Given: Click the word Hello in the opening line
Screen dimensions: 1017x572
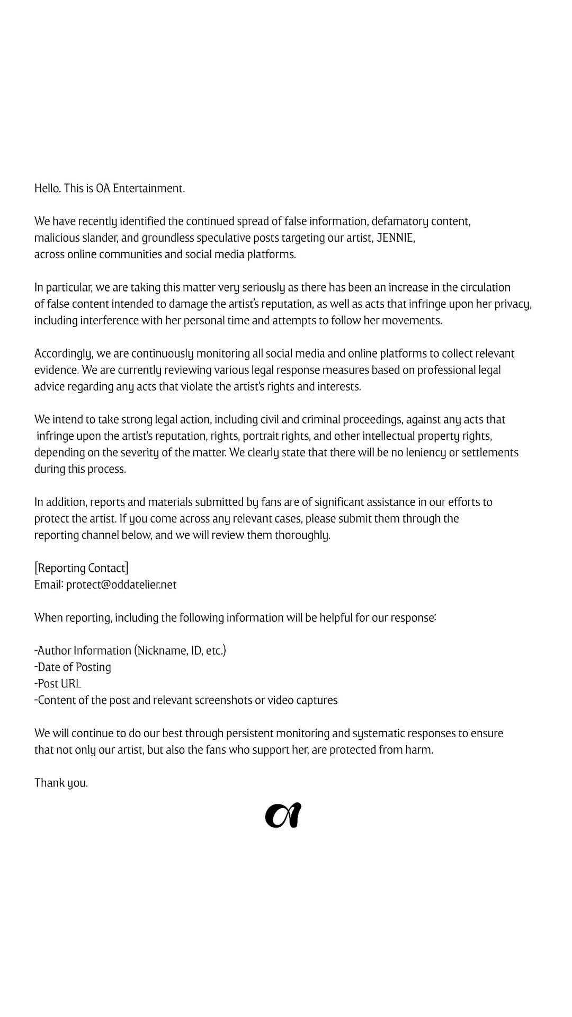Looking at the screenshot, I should (x=47, y=188).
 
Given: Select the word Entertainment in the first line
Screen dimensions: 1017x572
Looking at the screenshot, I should (x=149, y=188).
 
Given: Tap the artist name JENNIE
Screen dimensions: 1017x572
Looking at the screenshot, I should (x=395, y=237).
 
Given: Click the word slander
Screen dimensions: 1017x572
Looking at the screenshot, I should (x=100, y=237).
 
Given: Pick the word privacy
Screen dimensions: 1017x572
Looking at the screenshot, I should (x=511, y=304).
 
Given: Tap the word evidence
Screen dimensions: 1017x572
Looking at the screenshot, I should (x=56, y=370).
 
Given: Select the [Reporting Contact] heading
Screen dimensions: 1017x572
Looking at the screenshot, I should (x=81, y=568).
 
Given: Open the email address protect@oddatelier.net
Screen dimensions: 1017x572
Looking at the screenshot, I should (x=121, y=585).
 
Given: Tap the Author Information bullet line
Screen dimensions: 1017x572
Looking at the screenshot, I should (x=130, y=650).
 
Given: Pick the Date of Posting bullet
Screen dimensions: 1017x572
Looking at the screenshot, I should (x=73, y=667).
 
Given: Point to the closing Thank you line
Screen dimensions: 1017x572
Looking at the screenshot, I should (x=61, y=783).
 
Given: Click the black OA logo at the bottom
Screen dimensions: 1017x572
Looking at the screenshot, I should (x=283, y=816).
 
